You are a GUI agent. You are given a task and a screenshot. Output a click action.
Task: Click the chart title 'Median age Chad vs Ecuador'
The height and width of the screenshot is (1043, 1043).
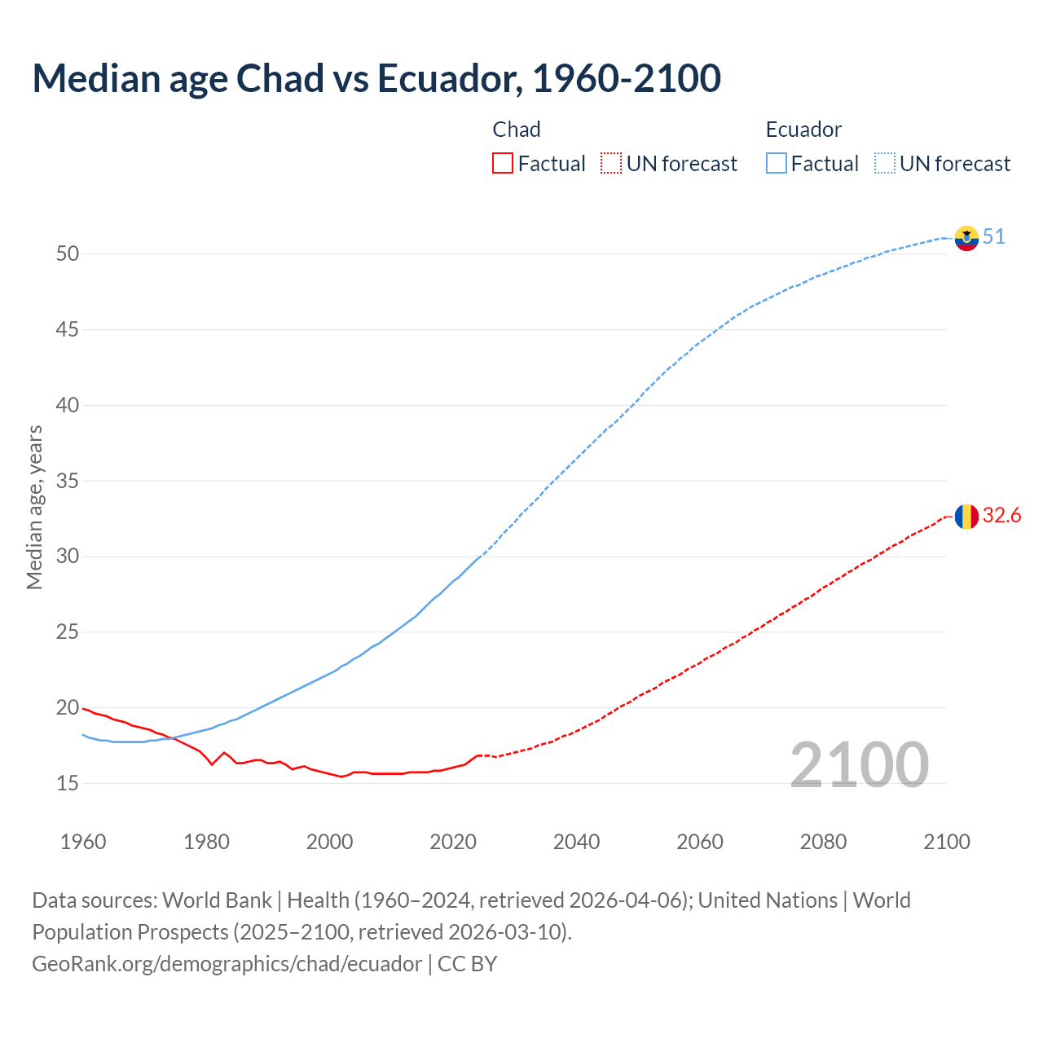[x=376, y=78]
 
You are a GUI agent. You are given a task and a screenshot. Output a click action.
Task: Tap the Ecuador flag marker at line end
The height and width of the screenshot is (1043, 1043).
[x=966, y=238]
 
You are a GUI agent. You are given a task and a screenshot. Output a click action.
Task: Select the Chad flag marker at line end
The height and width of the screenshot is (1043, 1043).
[x=966, y=517]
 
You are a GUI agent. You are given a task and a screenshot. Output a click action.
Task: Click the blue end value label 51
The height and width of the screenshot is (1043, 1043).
[x=994, y=237]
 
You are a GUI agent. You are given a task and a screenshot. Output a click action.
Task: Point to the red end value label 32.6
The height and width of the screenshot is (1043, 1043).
[x=1001, y=516]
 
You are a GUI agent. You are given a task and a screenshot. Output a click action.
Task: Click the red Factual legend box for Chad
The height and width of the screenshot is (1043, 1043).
[x=503, y=164]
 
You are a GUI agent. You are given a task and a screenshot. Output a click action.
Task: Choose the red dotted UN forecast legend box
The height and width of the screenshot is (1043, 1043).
[x=611, y=164]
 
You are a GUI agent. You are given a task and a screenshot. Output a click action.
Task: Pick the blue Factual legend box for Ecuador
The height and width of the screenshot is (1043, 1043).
[x=776, y=164]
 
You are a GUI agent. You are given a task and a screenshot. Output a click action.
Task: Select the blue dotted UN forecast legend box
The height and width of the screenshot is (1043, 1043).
[x=884, y=164]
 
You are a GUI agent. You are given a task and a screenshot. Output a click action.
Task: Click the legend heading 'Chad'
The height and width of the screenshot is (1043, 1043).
[x=517, y=130]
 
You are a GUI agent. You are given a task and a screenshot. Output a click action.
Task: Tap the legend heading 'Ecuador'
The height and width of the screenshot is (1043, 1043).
[x=803, y=130]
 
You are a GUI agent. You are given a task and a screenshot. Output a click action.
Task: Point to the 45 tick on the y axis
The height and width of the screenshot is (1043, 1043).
[x=68, y=330]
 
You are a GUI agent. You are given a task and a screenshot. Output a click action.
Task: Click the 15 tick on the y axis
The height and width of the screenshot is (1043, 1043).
[x=68, y=784]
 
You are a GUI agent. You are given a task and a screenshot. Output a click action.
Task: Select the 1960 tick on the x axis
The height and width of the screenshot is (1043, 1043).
[x=83, y=842]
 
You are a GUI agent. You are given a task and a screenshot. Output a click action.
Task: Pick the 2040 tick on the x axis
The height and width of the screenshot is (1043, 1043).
[x=576, y=842]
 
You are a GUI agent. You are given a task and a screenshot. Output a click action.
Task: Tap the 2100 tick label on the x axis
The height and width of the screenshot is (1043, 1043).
[x=947, y=842]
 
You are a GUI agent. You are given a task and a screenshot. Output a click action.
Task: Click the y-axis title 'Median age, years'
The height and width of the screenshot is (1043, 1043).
[x=34, y=507]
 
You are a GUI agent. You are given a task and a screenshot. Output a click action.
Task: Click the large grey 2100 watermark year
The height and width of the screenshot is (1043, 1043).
[x=859, y=765]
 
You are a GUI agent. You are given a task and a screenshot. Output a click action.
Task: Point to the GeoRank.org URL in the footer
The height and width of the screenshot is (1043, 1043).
[x=227, y=964]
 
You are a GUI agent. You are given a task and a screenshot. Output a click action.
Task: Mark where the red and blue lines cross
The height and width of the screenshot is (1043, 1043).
[x=173, y=738]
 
